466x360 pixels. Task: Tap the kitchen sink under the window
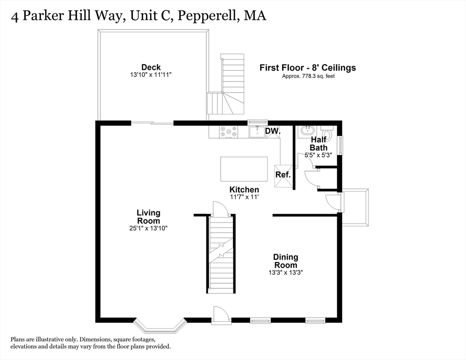pos(256,132)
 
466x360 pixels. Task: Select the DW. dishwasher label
pos(272,132)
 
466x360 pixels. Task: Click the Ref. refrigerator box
pos(283,174)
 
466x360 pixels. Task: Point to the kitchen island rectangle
pos(244,168)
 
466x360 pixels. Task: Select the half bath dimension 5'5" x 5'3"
pos(318,155)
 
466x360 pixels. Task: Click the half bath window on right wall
pos(341,144)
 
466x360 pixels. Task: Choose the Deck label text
pos(151,67)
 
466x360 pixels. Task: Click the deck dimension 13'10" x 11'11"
pos(151,75)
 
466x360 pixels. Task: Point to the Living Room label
pos(148,217)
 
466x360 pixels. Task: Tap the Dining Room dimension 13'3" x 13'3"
pos(286,272)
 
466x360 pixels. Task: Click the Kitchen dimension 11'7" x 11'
pos(244,197)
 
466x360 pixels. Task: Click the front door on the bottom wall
pos(220,316)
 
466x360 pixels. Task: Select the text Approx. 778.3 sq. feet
pos(308,76)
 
